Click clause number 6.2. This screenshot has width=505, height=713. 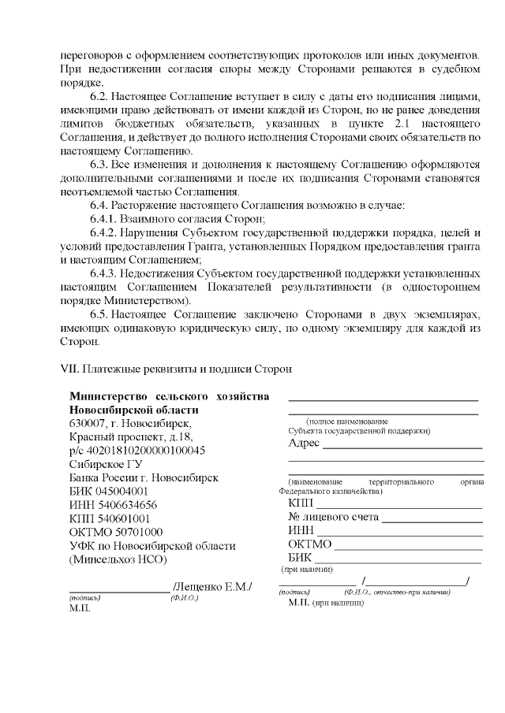102,95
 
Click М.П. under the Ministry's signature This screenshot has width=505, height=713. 77,609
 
